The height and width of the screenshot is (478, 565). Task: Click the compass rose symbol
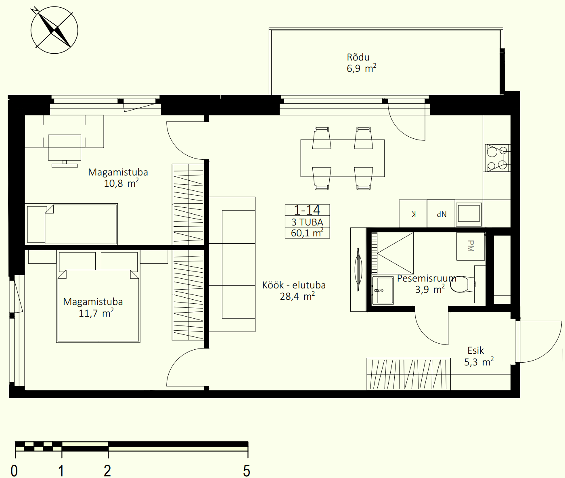tap(54, 30)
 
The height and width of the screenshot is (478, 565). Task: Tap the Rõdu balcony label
tap(358, 57)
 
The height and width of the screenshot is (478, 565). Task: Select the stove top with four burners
tap(498, 158)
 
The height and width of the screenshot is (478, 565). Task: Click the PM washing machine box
tap(471, 246)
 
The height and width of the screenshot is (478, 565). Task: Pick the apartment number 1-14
tap(307, 210)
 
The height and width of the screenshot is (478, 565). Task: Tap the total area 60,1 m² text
tap(307, 233)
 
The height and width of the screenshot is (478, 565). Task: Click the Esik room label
tap(475, 351)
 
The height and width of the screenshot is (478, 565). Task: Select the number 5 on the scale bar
tap(247, 471)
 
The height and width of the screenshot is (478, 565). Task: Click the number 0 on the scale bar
tap(14, 471)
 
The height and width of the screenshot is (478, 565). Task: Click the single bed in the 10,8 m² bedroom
tap(71, 224)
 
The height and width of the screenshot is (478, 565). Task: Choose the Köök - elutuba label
tap(294, 285)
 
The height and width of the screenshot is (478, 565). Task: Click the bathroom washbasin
tap(383, 290)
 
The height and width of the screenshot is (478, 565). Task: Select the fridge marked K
tap(413, 214)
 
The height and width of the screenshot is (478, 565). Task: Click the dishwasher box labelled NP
tap(441, 214)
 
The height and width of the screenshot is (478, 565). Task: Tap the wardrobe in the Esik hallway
tap(408, 374)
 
